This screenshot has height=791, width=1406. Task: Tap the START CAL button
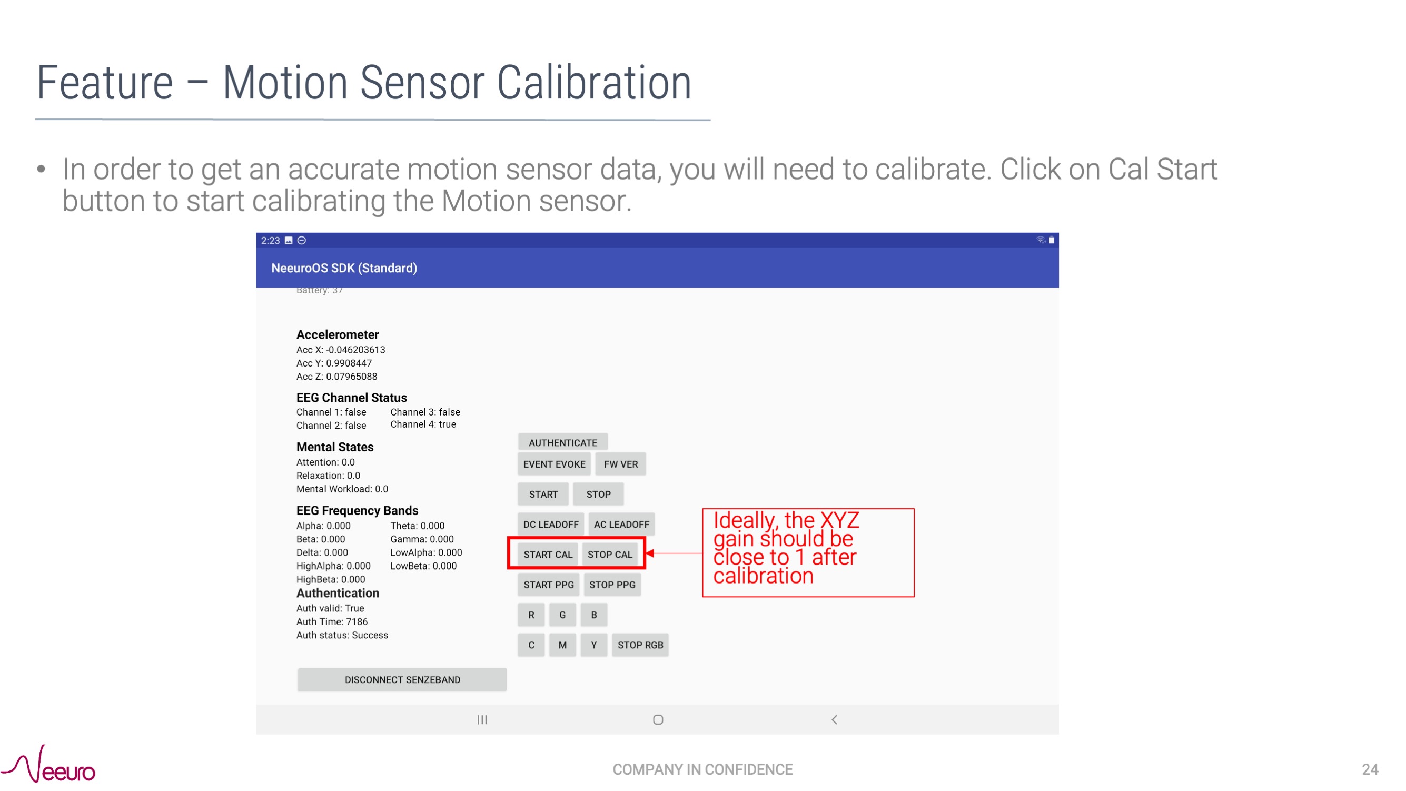pyautogui.click(x=548, y=554)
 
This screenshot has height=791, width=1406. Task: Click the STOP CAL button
pyautogui.click(x=610, y=554)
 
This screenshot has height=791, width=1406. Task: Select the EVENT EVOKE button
pyautogui.click(x=553, y=464)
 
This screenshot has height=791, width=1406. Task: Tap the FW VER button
pyautogui.click(x=620, y=464)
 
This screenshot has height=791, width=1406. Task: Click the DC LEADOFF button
pyautogui.click(x=550, y=524)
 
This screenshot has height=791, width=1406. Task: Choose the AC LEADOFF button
pyautogui.click(x=621, y=524)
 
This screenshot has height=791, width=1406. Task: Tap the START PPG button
pyautogui.click(x=549, y=585)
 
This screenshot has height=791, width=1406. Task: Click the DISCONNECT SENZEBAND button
pyautogui.click(x=402, y=680)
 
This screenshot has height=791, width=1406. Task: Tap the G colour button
pyautogui.click(x=562, y=615)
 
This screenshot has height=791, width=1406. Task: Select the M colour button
pyautogui.click(x=562, y=645)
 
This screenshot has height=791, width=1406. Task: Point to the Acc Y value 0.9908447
pyautogui.click(x=349, y=363)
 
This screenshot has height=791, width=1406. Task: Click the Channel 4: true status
pyautogui.click(x=423, y=424)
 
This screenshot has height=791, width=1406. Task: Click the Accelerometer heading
pyautogui.click(x=338, y=334)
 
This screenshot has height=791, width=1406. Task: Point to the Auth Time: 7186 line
pyautogui.click(x=332, y=621)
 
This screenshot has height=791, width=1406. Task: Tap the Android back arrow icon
pyautogui.click(x=834, y=719)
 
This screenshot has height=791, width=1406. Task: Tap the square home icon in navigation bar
pyautogui.click(x=658, y=719)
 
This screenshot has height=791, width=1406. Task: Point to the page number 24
pyautogui.click(x=1370, y=769)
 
